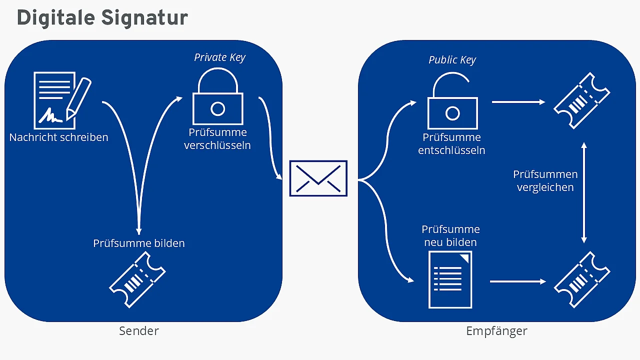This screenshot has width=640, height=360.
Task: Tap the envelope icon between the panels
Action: coord(318,178)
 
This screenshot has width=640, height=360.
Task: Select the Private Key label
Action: coord(219,57)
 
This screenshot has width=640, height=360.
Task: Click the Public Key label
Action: coord(452,60)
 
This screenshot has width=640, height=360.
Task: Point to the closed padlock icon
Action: coord(217,96)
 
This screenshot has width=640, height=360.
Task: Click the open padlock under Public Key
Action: coord(452,101)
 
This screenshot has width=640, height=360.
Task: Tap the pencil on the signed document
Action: coord(78,98)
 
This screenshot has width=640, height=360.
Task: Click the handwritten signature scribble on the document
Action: coord(50,115)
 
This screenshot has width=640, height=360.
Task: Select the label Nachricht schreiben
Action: coord(59,137)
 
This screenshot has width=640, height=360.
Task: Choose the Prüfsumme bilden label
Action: coord(139,243)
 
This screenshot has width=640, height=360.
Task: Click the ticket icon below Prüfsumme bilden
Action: coord(137,279)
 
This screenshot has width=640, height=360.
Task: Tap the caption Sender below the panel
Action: coord(139,331)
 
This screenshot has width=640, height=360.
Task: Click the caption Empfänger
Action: coord(496,331)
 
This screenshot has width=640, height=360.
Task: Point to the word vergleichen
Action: coord(545,187)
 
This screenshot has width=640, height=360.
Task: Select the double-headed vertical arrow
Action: coord(584,193)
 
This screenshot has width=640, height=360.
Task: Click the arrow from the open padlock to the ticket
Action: coord(518,102)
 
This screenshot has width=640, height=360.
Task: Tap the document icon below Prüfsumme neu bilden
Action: coord(450,279)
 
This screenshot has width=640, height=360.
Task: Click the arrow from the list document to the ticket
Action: coord(518,281)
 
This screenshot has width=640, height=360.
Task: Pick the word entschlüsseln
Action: coord(451,150)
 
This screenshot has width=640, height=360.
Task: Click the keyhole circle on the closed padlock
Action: coord(217,109)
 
